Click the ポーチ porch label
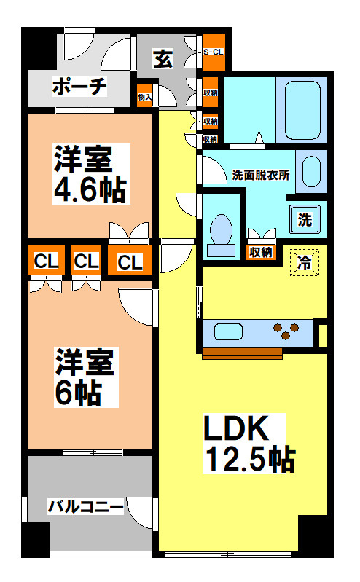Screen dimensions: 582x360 [x=80, y=88]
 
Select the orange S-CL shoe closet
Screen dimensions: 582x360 [x=213, y=52]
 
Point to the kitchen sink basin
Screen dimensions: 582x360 [x=227, y=333]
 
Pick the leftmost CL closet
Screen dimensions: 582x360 [x=45, y=261]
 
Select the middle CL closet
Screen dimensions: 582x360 [x=86, y=261]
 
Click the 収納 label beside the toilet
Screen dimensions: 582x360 [x=261, y=253]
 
